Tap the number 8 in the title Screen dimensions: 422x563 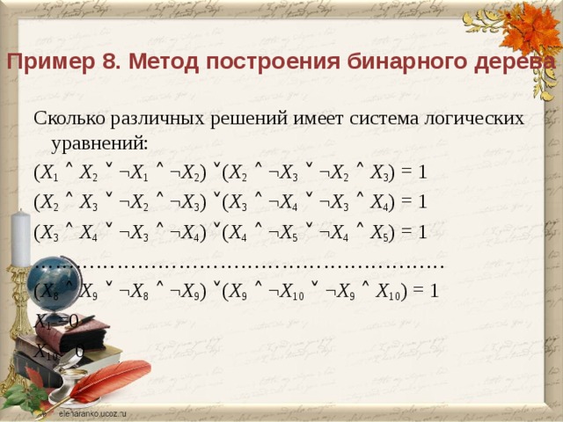[101, 62]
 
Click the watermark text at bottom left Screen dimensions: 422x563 [93, 411]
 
